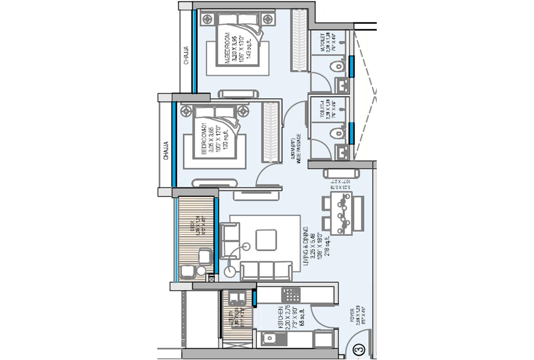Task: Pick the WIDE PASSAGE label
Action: point(299,148)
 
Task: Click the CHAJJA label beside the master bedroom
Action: point(186,55)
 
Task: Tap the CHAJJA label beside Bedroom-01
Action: point(166,150)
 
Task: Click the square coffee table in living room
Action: point(266,240)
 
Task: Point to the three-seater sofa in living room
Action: point(266,271)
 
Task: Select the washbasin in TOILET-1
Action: point(342,152)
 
